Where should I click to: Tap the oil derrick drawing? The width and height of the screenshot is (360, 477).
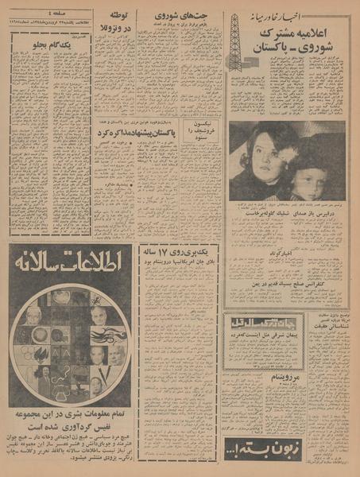point(237,44)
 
